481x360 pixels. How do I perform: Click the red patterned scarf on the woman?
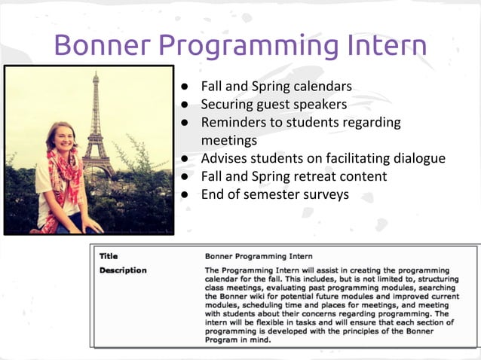(x=66, y=181)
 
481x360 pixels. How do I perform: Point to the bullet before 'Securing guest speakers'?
(x=183, y=105)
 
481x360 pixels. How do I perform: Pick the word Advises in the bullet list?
(x=225, y=159)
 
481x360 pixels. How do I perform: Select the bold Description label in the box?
(x=123, y=270)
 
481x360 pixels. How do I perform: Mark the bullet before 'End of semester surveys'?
(x=183, y=195)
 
